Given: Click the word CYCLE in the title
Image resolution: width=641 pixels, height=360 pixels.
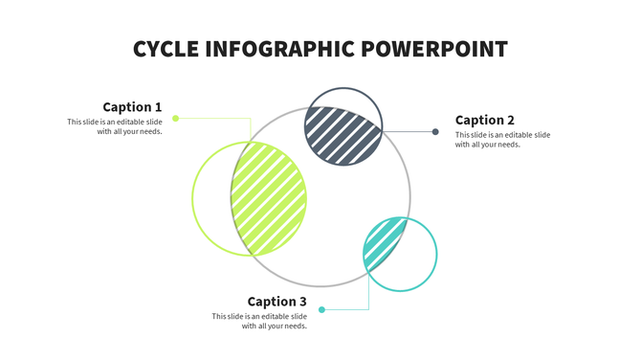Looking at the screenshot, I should pos(165,49).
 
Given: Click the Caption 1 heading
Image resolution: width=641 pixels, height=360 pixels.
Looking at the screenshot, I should pos(132,107).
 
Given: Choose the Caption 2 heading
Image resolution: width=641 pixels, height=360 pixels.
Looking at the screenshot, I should pos(484,120).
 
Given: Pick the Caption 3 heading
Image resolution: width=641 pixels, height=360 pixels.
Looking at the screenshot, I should pos(276,302).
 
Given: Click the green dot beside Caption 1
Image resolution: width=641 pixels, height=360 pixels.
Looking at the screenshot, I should pos(175,118).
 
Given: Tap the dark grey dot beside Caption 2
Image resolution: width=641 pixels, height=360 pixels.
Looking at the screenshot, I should pos(435,132).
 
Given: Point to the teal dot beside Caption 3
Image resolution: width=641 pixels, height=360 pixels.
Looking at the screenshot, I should pos(321,309).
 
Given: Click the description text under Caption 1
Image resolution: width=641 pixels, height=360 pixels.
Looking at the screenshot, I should pos(115,126).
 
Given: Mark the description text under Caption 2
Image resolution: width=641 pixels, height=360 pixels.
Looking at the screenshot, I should pos(502,140).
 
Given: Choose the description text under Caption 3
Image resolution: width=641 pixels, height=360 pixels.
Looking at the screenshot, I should pos(260,321).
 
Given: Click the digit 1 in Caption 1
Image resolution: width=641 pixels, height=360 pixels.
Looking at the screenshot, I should pos(158,107).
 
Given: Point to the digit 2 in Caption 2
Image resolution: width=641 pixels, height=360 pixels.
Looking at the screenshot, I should pos(511,120).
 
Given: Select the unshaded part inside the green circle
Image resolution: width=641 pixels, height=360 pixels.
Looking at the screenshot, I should pos(211,201).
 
